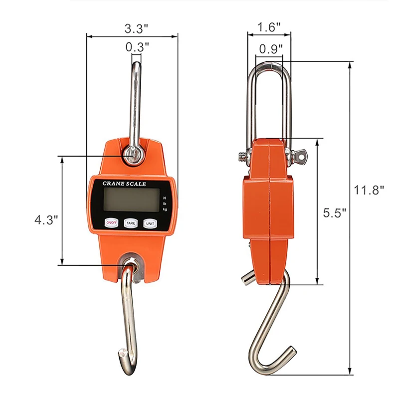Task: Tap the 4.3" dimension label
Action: coord(47,219)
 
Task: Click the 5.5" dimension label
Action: coord(334,213)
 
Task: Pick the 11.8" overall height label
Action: coord(370,190)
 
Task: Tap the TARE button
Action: coord(130,223)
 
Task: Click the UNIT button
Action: coord(150,223)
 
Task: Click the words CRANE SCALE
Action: coord(124,184)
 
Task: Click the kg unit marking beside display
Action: coord(165,209)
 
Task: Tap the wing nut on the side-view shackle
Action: coord(300,156)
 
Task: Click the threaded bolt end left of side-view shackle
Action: coord(241,156)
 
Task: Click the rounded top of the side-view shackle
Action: coord(270,58)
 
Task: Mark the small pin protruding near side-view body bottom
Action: coord(246,278)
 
